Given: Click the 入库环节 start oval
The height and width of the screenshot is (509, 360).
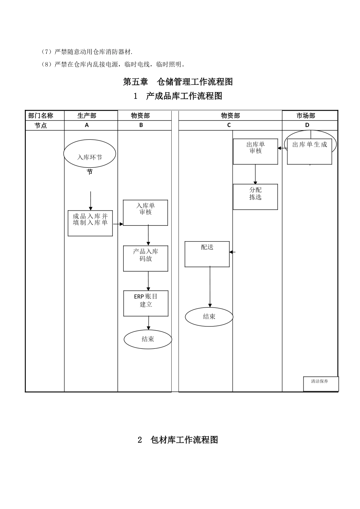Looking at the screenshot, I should (x=89, y=154).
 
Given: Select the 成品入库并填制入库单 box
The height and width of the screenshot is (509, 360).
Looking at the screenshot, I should (x=90, y=223).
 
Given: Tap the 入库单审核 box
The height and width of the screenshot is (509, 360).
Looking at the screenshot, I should (x=146, y=212).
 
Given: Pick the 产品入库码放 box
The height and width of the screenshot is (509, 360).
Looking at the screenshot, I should (x=146, y=258).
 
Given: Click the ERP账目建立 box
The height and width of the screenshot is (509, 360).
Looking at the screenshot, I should (x=146, y=303).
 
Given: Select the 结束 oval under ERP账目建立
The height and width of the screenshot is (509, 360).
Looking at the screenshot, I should (x=148, y=339).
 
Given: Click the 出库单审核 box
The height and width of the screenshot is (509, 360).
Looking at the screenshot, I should (x=255, y=151).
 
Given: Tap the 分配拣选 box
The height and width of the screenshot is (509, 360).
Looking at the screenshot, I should (x=255, y=197).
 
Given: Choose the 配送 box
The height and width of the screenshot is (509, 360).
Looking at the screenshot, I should (x=207, y=254).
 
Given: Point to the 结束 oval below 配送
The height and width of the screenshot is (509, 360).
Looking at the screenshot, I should (x=209, y=317).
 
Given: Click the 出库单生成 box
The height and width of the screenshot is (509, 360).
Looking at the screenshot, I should (x=309, y=151).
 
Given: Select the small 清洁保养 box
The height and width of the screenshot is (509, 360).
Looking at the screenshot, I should (x=321, y=383).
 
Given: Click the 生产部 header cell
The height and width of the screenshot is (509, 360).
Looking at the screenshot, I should (x=87, y=116).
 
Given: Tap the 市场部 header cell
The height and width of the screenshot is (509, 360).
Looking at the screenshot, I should (x=306, y=116).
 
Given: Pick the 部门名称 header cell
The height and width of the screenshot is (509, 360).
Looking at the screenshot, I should (x=41, y=116).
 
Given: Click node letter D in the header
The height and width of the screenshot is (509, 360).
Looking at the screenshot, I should (x=307, y=125).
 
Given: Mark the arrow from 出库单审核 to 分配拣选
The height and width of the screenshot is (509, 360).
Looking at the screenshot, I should (x=255, y=174).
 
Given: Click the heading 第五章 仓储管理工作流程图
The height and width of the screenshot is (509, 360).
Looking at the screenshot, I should (x=178, y=82).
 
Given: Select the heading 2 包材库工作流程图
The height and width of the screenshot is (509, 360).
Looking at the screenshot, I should (x=178, y=440).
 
